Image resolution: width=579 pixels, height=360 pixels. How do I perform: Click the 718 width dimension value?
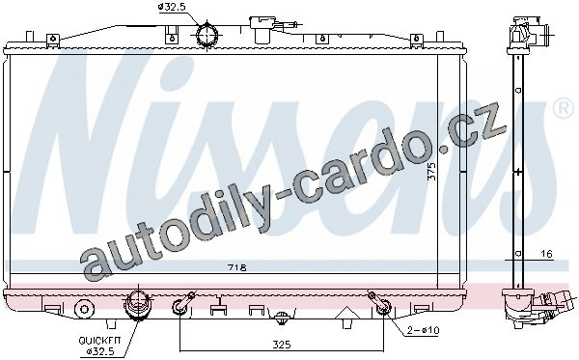(237, 267)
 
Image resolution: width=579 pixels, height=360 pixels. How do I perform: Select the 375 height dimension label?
(431, 172)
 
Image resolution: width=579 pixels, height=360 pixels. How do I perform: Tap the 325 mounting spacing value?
(282, 345)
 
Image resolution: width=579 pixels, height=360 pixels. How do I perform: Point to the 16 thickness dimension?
(546, 254)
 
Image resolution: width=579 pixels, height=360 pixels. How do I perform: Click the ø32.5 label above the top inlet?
(172, 7)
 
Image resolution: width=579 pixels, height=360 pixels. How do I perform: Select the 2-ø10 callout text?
(423, 330)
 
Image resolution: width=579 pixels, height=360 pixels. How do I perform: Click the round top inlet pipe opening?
(207, 35)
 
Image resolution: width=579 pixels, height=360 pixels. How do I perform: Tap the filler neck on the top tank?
(262, 29)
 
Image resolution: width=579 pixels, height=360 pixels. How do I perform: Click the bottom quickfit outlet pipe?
(137, 307)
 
